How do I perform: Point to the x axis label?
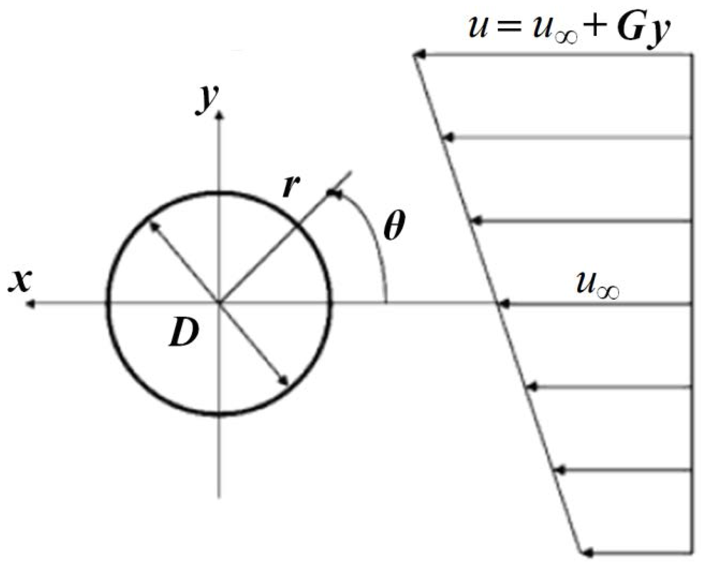click(x=20, y=281)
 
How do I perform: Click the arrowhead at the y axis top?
click(x=220, y=115)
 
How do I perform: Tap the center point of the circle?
click(x=219, y=303)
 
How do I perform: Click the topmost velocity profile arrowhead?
click(x=419, y=55)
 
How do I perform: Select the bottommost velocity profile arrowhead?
click(x=587, y=553)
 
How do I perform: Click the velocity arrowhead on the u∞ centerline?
click(x=504, y=304)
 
